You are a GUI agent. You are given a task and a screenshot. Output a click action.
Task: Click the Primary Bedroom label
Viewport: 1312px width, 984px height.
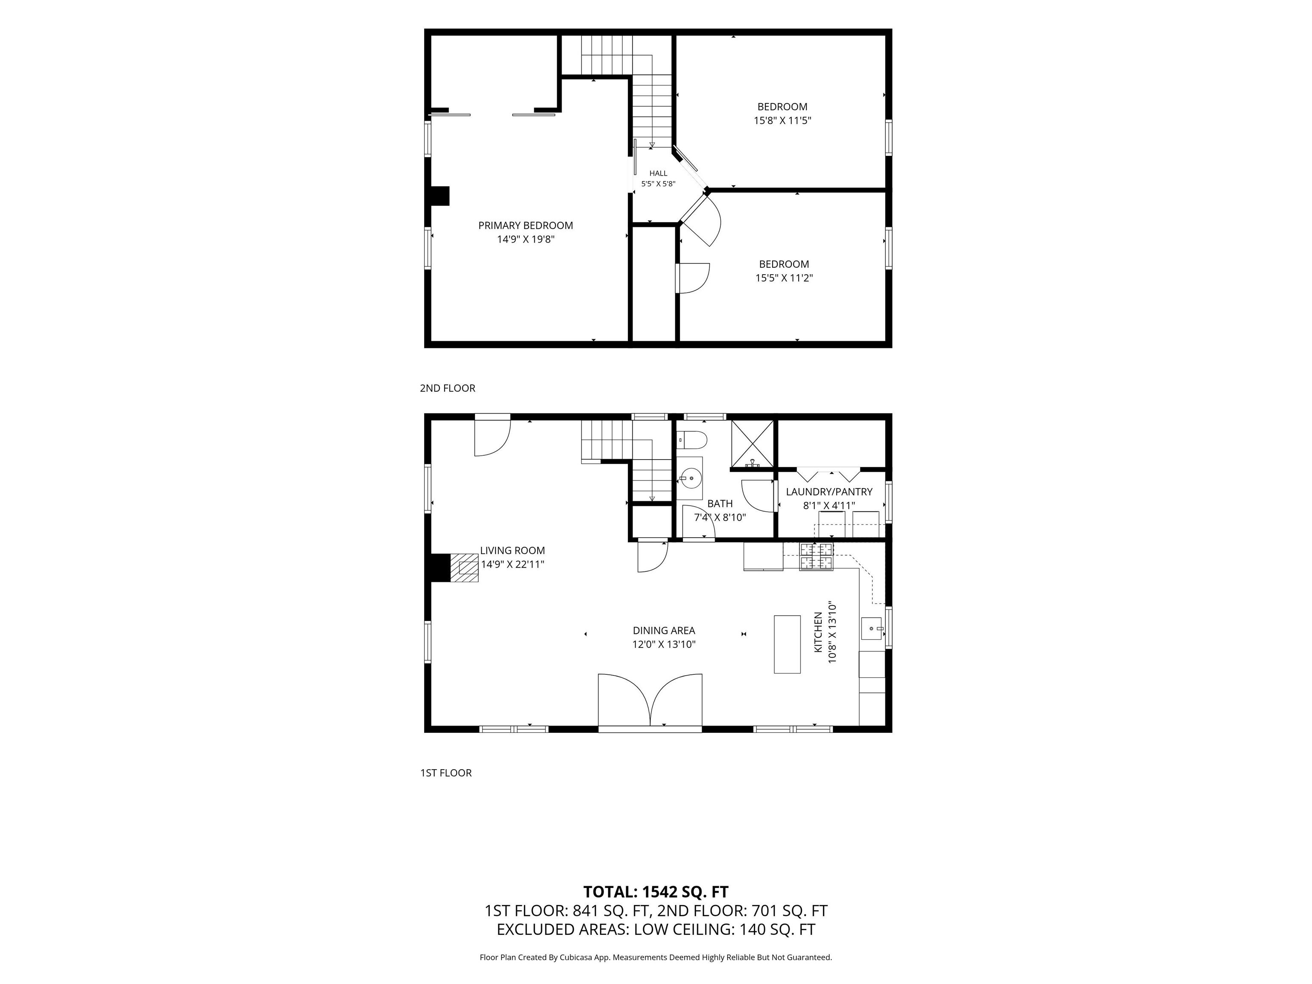click(525, 225)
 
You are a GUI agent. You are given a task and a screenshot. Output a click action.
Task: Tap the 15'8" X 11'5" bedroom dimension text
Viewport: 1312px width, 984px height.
click(782, 120)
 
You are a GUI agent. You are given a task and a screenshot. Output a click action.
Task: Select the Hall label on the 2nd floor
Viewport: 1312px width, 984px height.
click(659, 173)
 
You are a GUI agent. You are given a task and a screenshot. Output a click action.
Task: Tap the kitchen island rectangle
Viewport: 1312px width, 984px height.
click(787, 644)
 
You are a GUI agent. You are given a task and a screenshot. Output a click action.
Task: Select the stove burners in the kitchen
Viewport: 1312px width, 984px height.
click(816, 556)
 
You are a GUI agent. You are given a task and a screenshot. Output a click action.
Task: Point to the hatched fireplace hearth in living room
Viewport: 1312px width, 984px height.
click(464, 568)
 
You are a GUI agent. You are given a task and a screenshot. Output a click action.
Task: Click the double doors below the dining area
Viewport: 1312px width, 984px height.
click(650, 700)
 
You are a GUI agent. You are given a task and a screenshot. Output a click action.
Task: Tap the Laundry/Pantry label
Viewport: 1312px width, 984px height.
click(829, 492)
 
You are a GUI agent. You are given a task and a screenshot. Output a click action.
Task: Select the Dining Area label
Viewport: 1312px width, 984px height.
click(664, 630)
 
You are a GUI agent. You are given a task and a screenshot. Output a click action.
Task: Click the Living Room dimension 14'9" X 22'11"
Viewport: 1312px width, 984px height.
click(512, 564)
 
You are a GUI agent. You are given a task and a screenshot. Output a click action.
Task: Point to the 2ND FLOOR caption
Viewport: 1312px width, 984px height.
click(448, 388)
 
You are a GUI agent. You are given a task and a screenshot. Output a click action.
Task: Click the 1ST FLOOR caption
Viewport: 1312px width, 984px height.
click(446, 773)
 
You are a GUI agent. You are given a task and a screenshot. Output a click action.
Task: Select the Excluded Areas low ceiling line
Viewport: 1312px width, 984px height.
click(656, 929)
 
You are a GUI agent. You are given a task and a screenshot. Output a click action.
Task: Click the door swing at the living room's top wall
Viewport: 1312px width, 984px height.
click(492, 438)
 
